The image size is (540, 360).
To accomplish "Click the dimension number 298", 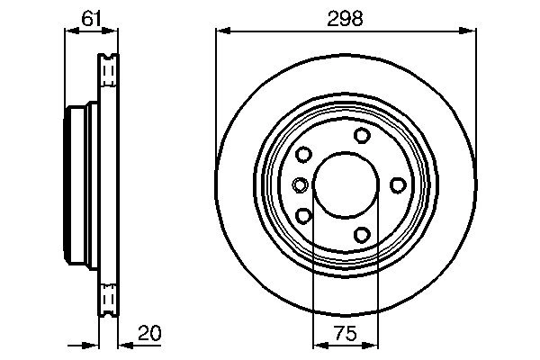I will tap(346, 18).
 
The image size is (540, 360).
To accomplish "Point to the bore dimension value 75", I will tap(346, 334).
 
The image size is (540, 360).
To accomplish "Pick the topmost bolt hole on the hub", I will tap(362, 136).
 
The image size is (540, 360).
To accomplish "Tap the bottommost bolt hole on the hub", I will tap(362, 235).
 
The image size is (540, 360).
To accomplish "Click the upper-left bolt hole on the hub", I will tap(303, 154).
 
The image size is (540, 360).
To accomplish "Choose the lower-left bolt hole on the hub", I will tap(303, 216).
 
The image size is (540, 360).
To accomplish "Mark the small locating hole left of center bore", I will tap(300, 185).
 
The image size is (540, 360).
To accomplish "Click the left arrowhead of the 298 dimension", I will tap(220, 31).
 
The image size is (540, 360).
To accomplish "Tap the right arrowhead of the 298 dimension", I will tap(471, 31).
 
